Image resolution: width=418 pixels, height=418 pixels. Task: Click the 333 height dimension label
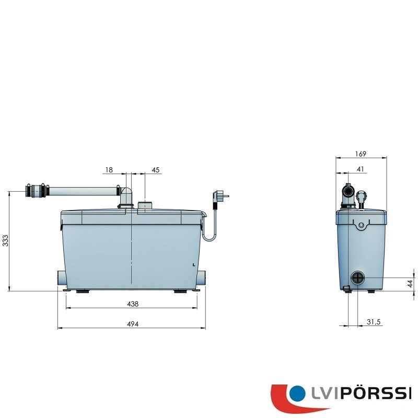pos(6,241)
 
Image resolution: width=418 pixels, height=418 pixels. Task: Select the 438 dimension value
pos(133,304)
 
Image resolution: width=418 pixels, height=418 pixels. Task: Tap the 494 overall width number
pos(133,324)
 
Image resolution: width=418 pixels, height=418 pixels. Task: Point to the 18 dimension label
pos(109,170)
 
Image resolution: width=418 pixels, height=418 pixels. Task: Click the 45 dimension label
pos(155,170)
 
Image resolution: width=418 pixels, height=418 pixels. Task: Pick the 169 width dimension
pos(361,154)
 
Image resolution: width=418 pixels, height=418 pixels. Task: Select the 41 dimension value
pos(360,169)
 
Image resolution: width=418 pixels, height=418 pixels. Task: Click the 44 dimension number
pos(411,284)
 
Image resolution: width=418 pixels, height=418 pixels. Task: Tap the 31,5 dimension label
pos(374,322)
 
